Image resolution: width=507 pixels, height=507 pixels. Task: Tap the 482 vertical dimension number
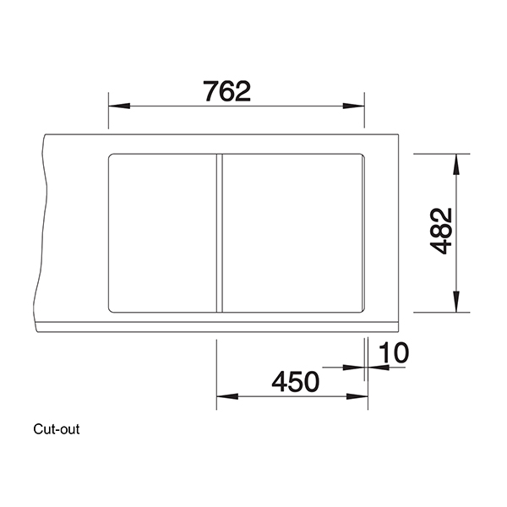click(440, 232)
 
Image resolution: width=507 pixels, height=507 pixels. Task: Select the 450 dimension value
click(295, 382)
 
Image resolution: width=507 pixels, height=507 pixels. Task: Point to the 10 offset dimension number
click(392, 354)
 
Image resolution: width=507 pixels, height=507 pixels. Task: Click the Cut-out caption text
click(57, 428)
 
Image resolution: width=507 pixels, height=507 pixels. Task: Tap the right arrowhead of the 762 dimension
click(356, 106)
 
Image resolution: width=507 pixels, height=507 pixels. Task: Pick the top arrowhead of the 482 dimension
click(456, 162)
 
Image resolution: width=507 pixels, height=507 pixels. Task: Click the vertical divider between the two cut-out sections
click(219, 233)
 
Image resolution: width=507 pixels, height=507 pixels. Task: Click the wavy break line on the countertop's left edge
click(38, 228)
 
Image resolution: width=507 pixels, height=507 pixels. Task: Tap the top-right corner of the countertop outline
click(398, 134)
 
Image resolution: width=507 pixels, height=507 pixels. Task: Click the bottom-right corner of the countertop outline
click(398, 330)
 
